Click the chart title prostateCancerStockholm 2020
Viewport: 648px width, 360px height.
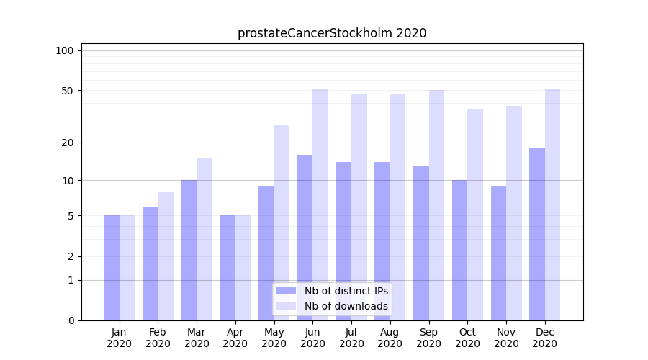[x=332, y=33]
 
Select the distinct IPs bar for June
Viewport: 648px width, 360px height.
[x=305, y=238]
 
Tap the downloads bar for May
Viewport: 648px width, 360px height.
[x=282, y=222]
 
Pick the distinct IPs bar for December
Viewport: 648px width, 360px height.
[x=537, y=234]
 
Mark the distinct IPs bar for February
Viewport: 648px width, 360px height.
[x=150, y=264]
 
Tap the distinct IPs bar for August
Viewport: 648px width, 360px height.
[x=382, y=241]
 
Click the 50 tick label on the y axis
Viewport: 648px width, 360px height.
[x=68, y=91]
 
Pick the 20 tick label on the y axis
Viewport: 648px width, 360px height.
[x=68, y=143]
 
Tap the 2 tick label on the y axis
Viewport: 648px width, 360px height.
[x=71, y=256]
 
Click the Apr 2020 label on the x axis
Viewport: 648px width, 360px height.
[x=235, y=338]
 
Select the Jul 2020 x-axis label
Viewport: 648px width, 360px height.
[x=351, y=338]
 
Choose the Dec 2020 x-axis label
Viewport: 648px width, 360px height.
[x=545, y=338]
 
